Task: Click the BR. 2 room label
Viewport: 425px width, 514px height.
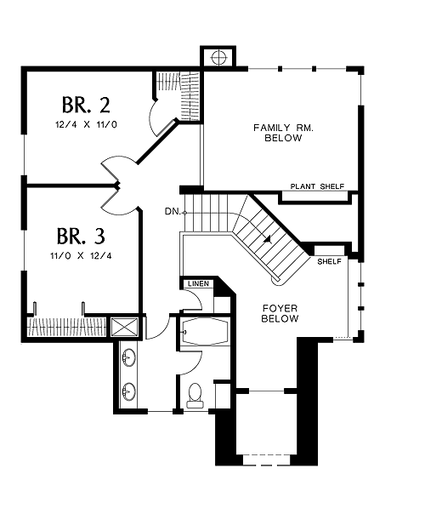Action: tap(86, 105)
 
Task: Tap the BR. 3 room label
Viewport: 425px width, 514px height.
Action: tap(81, 236)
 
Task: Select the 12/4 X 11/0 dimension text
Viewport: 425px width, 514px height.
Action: tap(86, 124)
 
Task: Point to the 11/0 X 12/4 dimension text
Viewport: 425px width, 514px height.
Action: tap(81, 255)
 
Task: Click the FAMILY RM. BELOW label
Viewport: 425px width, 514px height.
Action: tap(283, 133)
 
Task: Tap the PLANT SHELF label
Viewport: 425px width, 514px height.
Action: tap(317, 186)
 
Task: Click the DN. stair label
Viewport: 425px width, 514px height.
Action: tap(173, 212)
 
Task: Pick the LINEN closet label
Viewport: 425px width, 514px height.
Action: tap(198, 283)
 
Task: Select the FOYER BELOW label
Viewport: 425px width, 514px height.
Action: tap(280, 313)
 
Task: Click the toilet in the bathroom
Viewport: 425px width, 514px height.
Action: tap(195, 396)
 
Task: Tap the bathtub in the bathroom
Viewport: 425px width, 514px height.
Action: tap(205, 331)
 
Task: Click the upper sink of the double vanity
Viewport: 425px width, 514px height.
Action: tap(128, 357)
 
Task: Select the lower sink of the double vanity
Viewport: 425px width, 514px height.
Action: tap(128, 391)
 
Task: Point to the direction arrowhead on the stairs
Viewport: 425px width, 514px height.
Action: tap(268, 240)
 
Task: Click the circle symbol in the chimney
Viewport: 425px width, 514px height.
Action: tap(219, 58)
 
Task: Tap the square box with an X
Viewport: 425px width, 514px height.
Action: tap(124, 327)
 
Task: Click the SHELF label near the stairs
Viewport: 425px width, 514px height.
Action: tap(330, 261)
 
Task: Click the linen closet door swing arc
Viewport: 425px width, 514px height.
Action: tap(197, 300)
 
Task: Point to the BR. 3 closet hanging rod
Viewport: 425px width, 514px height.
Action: tap(66, 327)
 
